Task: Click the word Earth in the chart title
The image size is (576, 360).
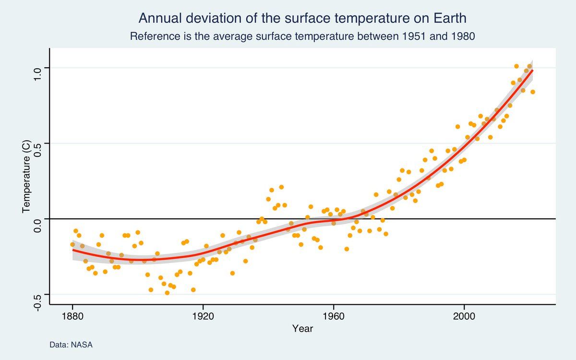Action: [x=450, y=18]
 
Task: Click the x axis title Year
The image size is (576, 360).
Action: [x=302, y=329]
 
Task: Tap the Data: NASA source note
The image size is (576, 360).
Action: [x=71, y=345]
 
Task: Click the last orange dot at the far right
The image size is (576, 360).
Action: [x=533, y=92]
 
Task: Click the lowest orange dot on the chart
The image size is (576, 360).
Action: [x=167, y=293]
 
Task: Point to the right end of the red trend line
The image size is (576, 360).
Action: [x=532, y=71]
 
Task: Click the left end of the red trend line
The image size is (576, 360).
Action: [x=73, y=250]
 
